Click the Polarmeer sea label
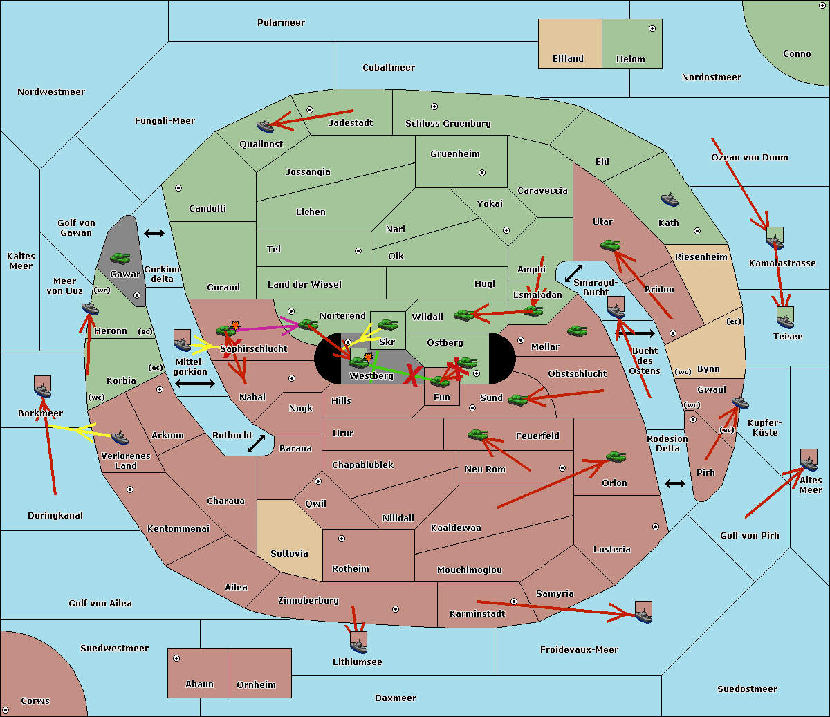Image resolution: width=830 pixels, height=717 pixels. [281, 23]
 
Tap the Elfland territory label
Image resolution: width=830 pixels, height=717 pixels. [568, 59]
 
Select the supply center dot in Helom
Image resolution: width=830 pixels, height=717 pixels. [652, 28]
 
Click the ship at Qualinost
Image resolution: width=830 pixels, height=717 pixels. [266, 126]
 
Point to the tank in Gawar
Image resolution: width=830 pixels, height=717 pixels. [120, 259]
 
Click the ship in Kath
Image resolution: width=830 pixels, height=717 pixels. [670, 200]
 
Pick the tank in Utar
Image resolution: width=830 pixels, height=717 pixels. [610, 245]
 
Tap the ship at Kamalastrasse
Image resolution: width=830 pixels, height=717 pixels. [775, 240]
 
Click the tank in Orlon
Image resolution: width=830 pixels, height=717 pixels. [616, 457]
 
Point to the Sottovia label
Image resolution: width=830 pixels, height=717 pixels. [289, 554]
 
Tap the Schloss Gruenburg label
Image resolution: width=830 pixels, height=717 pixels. [448, 124]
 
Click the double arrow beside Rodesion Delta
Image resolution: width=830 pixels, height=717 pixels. [675, 483]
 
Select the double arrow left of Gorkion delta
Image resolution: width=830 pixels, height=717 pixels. [154, 233]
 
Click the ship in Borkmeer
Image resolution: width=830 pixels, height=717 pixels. [43, 389]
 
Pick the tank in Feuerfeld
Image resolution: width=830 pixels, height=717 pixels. [478, 435]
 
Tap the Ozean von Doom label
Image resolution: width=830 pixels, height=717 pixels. [749, 158]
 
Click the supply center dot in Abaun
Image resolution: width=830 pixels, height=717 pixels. [176, 658]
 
